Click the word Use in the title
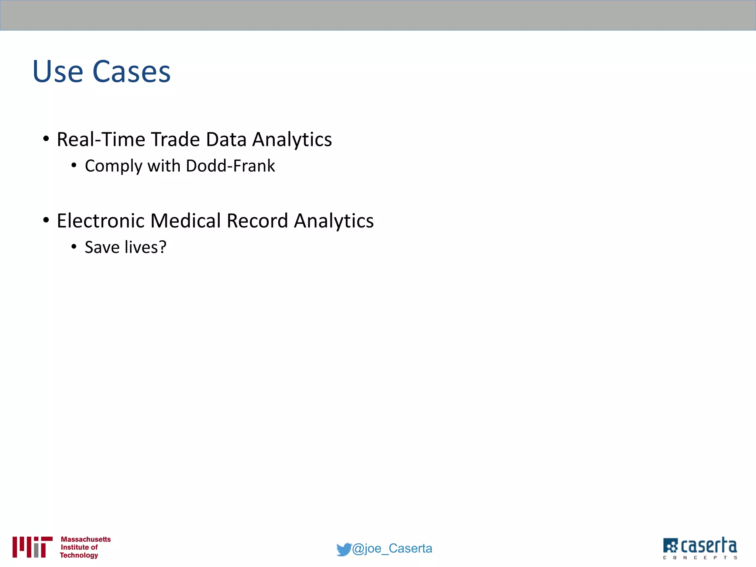click(58, 72)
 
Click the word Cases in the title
click(131, 72)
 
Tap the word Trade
click(175, 140)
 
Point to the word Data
click(226, 140)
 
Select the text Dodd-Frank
click(230, 166)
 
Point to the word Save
click(100, 247)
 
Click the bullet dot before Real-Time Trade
click(46, 139)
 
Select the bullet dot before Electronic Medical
click(46, 220)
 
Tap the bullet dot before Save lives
click(74, 247)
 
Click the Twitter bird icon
click(343, 549)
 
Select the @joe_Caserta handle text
click(392, 549)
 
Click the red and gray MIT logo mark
click(32, 547)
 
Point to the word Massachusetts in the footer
click(86, 539)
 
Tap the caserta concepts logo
click(700, 548)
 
